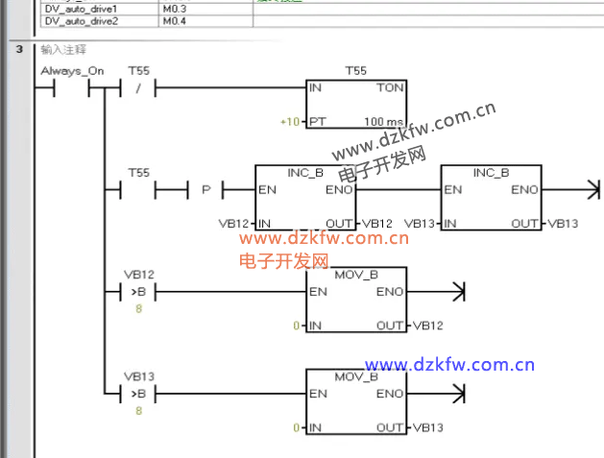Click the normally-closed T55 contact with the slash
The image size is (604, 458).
(139, 89)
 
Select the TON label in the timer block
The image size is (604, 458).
(390, 87)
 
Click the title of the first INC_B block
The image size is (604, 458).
(305, 173)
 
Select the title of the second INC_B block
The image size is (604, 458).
(491, 173)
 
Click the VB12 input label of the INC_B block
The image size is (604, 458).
(234, 224)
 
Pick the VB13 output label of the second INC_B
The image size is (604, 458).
(563, 224)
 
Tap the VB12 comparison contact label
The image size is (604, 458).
(139, 274)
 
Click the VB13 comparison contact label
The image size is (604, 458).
(139, 376)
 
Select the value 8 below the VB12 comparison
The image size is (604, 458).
(139, 308)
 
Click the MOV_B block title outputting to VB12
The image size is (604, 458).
(356, 276)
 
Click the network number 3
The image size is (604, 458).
(18, 48)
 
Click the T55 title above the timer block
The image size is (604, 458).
(356, 70)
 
